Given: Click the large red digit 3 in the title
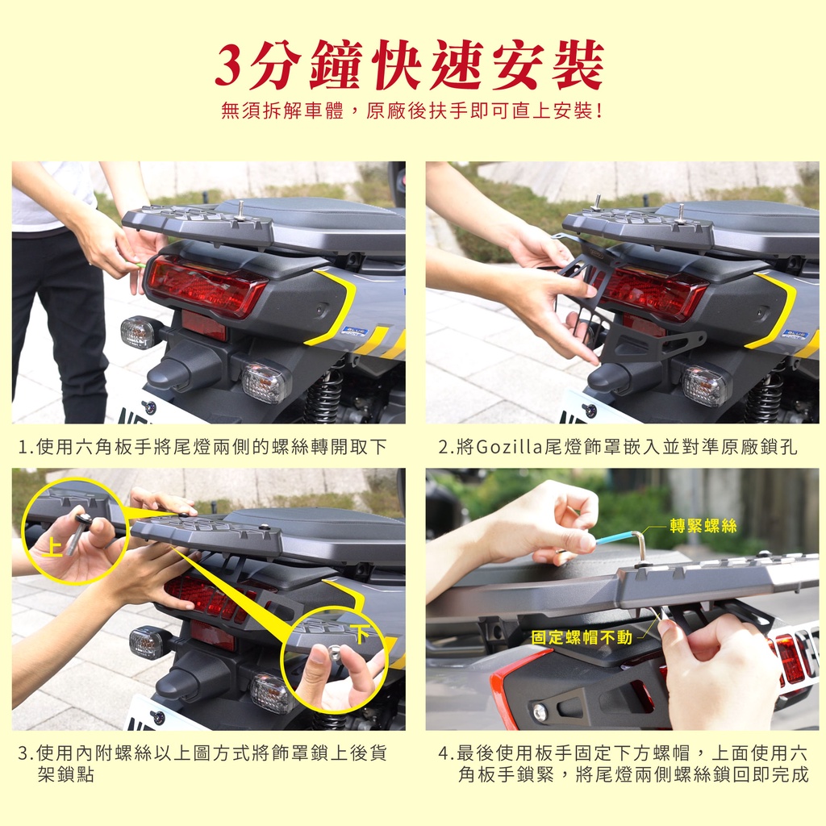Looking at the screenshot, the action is [232, 66].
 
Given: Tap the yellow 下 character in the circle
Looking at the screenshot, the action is [361, 633].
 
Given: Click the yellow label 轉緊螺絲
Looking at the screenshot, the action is [703, 525].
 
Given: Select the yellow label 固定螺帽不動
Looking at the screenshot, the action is [582, 637].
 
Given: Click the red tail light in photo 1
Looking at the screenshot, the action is [206, 286].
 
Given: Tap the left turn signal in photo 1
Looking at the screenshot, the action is [138, 333].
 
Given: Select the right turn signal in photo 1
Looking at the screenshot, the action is [265, 382].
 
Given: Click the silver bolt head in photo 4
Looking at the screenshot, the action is [539, 712].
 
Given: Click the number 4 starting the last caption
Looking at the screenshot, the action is [444, 753].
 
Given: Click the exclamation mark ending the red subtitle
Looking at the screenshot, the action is [599, 111].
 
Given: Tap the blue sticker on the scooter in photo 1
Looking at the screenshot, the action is [354, 331].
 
